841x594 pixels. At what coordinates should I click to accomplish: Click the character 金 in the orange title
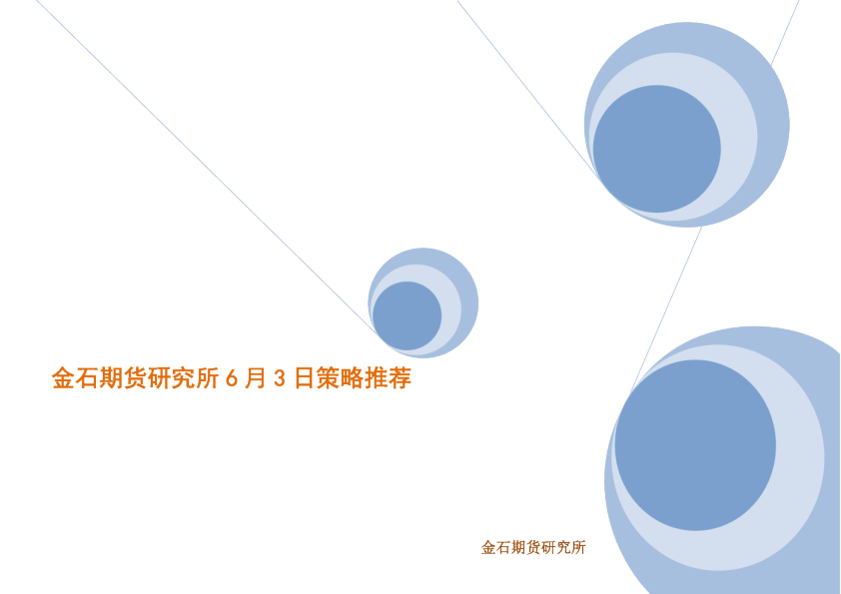(x=63, y=379)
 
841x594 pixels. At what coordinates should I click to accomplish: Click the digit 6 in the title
(x=232, y=379)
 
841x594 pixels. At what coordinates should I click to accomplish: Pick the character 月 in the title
(x=256, y=379)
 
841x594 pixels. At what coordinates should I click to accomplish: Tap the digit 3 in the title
(x=280, y=379)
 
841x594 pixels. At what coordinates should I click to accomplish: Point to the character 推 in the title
(x=376, y=379)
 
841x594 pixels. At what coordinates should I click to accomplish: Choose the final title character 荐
(x=400, y=379)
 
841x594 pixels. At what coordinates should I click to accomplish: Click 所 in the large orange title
(x=207, y=379)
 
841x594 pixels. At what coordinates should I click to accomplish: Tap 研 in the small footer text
(x=547, y=547)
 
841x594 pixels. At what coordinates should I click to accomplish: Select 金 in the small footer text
(x=488, y=547)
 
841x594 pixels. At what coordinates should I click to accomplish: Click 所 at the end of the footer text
(x=578, y=547)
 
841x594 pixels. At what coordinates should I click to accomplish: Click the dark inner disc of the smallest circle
(x=408, y=315)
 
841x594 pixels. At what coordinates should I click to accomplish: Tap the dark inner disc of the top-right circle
(x=656, y=149)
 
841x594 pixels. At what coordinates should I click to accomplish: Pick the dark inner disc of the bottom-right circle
(x=695, y=445)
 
